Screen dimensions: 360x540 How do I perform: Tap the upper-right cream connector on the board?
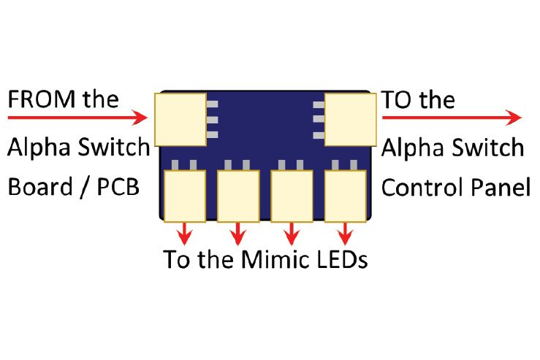click(x=350, y=118)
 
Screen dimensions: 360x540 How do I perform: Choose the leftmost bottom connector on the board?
click(x=186, y=196)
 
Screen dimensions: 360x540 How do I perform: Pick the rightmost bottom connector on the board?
click(x=345, y=196)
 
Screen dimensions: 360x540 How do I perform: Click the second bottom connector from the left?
click(x=238, y=196)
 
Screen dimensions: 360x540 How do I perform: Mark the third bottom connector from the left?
click(x=292, y=196)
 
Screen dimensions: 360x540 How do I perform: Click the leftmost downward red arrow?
click(x=186, y=234)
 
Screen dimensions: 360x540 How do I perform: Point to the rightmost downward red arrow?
click(x=345, y=234)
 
